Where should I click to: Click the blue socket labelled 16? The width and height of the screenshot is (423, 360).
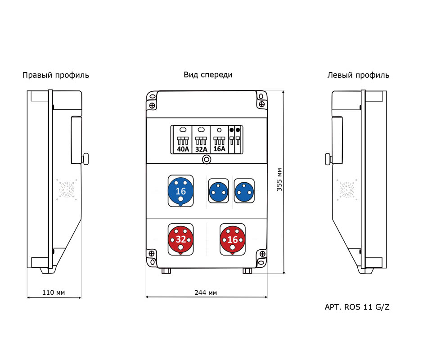[180, 191]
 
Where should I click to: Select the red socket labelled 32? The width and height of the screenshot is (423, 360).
[180, 239]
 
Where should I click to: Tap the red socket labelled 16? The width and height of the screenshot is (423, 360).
[233, 239]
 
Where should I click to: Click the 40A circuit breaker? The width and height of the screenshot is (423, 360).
[183, 140]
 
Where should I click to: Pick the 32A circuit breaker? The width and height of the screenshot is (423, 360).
[201, 140]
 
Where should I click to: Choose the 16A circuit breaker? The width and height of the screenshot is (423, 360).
[219, 140]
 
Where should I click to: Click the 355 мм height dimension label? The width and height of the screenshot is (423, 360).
[279, 180]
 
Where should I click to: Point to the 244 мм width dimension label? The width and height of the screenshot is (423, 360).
[206, 292]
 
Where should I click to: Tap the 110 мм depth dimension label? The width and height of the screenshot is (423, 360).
[54, 292]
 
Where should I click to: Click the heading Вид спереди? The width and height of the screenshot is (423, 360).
[208, 75]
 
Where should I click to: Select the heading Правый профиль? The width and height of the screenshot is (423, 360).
[55, 75]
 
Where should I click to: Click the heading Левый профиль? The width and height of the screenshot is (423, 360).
[358, 75]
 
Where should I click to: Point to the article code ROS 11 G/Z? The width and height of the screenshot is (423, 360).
[367, 307]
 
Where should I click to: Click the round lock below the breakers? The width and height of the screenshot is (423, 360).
[207, 159]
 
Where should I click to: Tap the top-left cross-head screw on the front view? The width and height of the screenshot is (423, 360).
[152, 105]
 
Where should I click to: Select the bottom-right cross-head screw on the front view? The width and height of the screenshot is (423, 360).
[262, 254]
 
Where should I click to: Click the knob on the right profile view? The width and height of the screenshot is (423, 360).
[85, 159]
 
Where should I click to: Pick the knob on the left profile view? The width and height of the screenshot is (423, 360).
[328, 159]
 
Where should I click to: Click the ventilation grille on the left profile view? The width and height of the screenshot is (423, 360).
[347, 189]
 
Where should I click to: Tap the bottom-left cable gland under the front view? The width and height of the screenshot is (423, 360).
[166, 271]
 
